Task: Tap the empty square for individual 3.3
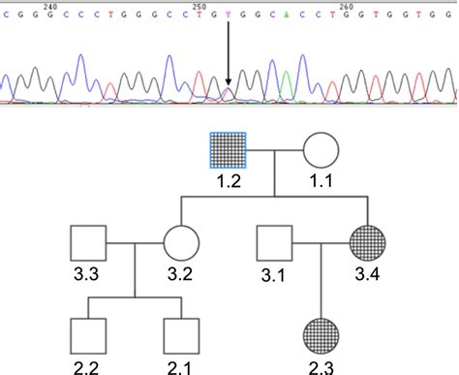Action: (x=89, y=243)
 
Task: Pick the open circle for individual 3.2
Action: (x=181, y=243)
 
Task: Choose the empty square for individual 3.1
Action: (x=274, y=243)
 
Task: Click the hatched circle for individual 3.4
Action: (x=369, y=242)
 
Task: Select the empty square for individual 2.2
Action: (x=89, y=334)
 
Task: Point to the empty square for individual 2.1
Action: (x=181, y=334)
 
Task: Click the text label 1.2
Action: (x=230, y=180)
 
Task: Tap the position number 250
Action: (x=197, y=5)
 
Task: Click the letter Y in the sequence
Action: (x=228, y=16)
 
